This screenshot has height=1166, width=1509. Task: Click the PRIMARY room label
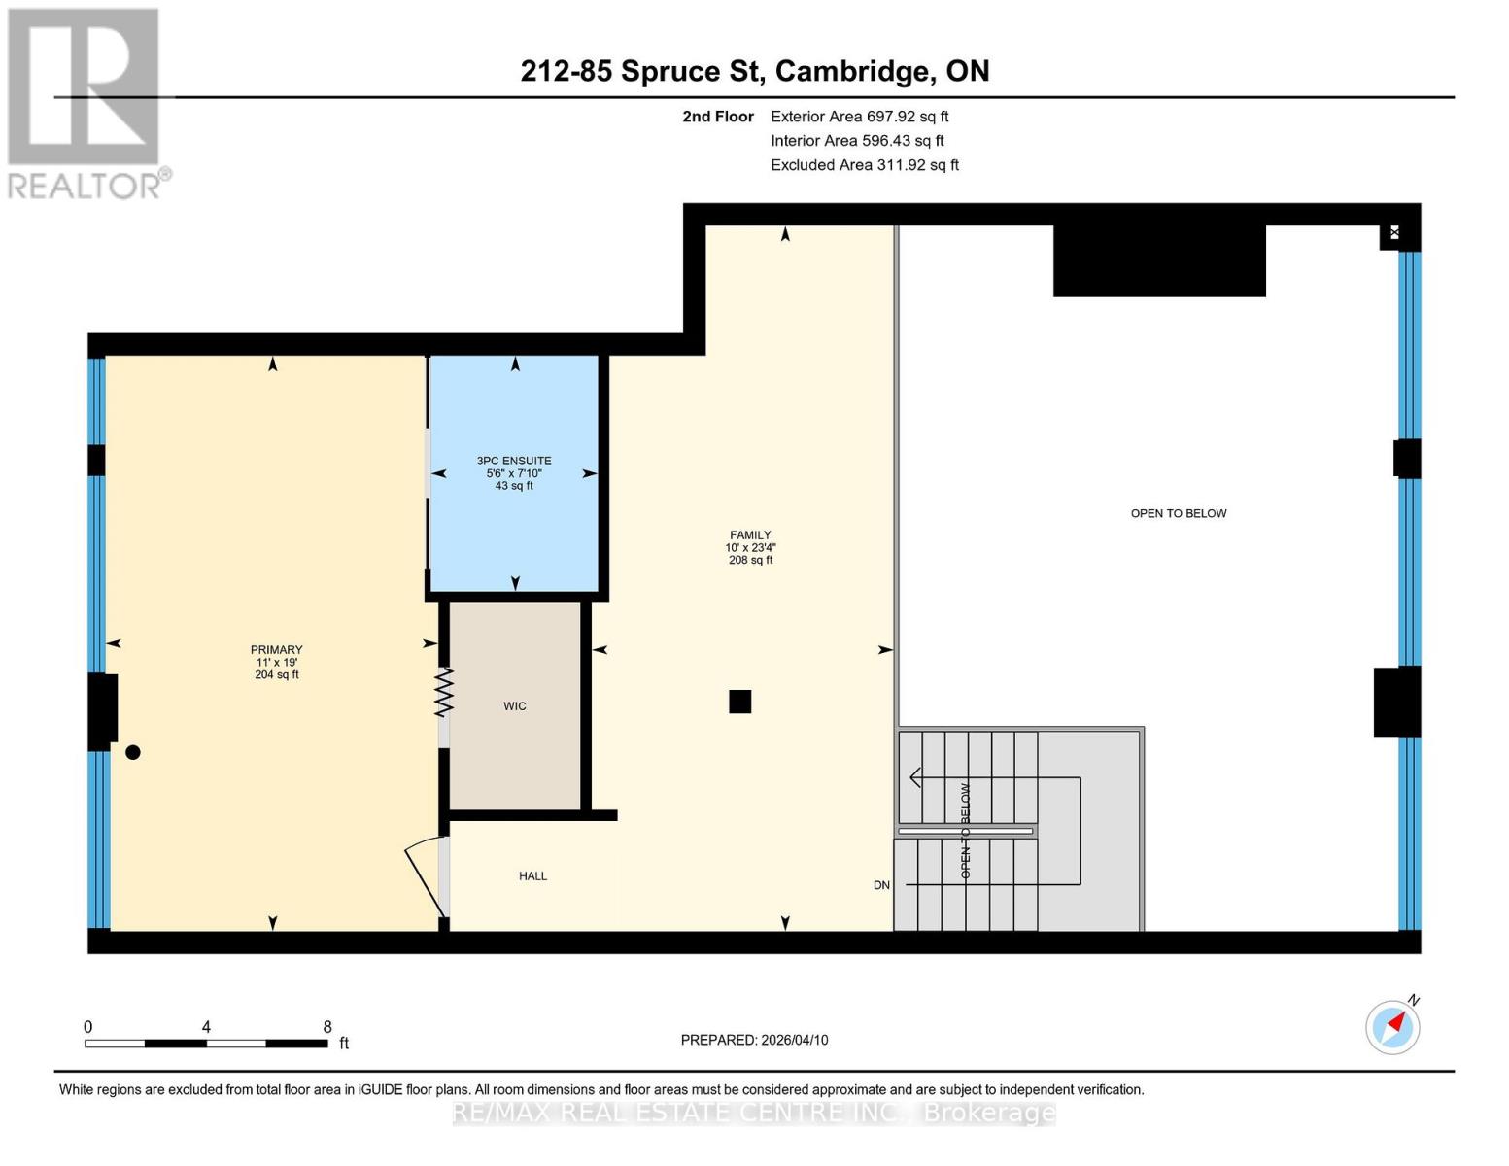[277, 650]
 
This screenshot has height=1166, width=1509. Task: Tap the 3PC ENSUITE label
[514, 462]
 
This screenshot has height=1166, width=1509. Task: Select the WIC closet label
[515, 706]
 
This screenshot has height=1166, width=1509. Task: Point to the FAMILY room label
[750, 535]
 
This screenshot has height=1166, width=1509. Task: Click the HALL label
[532, 876]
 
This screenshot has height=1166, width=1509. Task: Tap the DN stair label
[881, 885]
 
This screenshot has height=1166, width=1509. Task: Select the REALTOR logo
[86, 103]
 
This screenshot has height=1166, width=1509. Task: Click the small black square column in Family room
[740, 702]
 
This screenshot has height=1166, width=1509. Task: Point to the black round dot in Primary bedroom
[133, 752]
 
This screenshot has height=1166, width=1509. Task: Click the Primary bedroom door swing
[425, 878]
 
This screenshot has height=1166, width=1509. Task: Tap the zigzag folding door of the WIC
[444, 692]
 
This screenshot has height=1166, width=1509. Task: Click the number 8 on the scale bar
[327, 1027]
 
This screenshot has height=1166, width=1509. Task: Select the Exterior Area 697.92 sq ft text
[859, 117]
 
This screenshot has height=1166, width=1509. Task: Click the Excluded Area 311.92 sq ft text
[865, 165]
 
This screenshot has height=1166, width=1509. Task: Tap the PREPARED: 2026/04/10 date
[754, 1040]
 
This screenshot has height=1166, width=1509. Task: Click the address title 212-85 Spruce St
[755, 71]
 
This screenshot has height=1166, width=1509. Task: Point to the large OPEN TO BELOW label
[1179, 513]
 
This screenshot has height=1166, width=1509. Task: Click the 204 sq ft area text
[277, 675]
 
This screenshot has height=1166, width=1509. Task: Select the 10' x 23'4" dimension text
[750, 548]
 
